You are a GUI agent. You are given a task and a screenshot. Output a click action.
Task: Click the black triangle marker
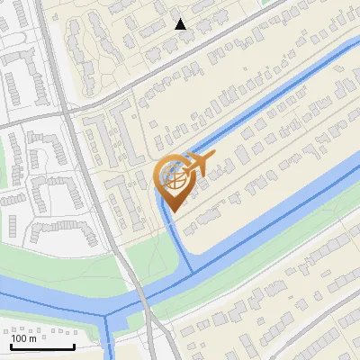click(x=181, y=24)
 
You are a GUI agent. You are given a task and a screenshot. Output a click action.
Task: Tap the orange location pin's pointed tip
click(x=171, y=211)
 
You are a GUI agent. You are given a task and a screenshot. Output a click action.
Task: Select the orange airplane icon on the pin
click(x=198, y=165)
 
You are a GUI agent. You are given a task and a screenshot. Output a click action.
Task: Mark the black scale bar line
click(x=42, y=347)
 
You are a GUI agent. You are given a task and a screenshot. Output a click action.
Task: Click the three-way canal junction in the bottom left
click(x=108, y=316)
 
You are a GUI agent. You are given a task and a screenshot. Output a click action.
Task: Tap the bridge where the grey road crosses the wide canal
click(x=142, y=298)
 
